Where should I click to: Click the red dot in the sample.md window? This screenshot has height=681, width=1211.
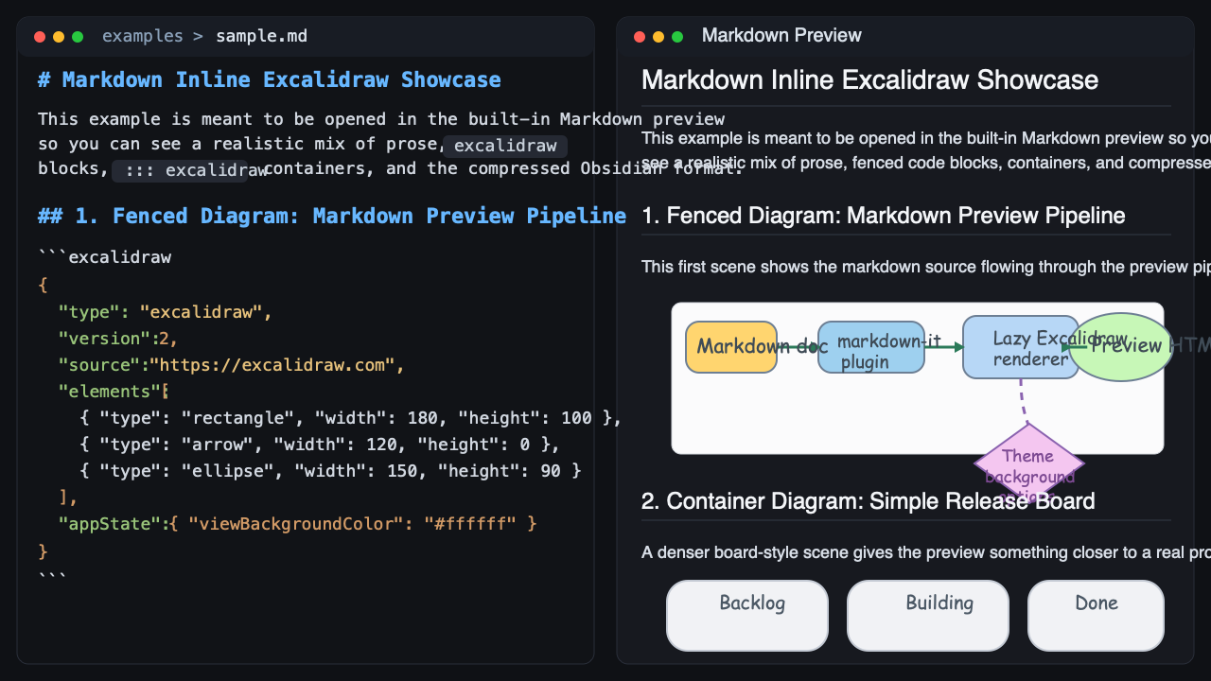click(40, 37)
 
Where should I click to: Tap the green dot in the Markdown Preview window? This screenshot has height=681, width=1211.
click(677, 37)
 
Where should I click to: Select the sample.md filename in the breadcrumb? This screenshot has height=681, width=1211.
click(261, 37)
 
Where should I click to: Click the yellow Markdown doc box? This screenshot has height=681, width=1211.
click(730, 347)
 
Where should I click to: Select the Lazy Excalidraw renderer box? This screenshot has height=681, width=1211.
click(1020, 347)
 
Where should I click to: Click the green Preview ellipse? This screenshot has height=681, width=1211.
click(1120, 346)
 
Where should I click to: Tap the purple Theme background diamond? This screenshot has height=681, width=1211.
click(1028, 464)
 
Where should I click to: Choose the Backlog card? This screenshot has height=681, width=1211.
click(747, 616)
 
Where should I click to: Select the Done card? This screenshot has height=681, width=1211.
click(1096, 616)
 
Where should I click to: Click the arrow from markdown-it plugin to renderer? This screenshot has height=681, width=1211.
click(943, 347)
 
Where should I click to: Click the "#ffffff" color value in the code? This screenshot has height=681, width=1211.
click(470, 523)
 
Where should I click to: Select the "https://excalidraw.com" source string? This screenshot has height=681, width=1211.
click(277, 365)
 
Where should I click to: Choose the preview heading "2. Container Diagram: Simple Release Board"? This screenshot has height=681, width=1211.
click(868, 501)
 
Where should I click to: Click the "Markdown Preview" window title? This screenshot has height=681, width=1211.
click(781, 36)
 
